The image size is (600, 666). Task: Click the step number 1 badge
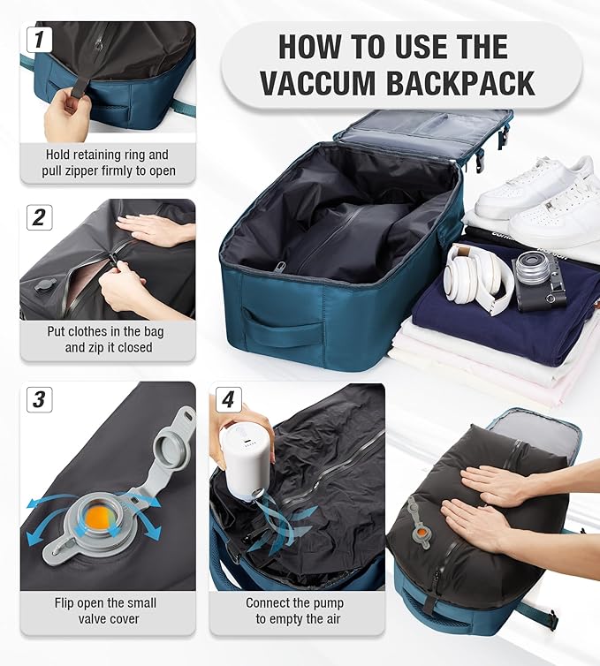(39, 39)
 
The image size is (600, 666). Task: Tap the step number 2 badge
(39, 216)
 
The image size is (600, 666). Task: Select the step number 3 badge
(39, 399)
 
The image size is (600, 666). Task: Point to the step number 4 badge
(228, 399)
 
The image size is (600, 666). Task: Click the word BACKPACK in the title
(456, 83)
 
